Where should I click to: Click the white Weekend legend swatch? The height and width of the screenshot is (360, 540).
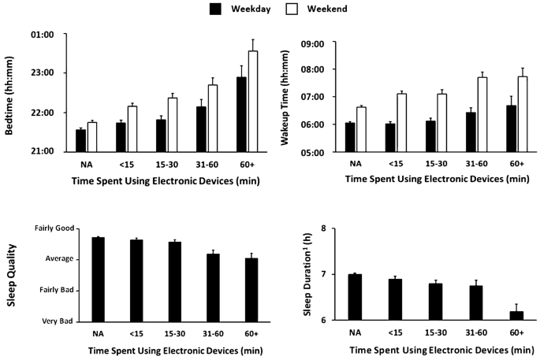(x=274, y=9)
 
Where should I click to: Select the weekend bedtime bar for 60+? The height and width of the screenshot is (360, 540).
(x=252, y=101)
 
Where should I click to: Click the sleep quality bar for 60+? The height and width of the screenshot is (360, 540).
(x=251, y=289)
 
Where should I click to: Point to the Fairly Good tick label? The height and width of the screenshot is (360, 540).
(x=52, y=228)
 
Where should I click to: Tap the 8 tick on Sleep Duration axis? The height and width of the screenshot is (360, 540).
(x=321, y=228)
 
